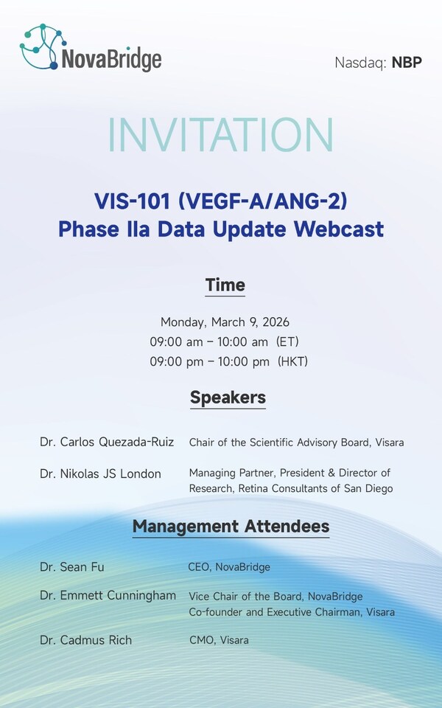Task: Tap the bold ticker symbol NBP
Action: pos(407,62)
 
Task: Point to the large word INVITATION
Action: pos(221,135)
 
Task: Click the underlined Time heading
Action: pos(225,285)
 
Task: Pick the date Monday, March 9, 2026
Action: pos(225,322)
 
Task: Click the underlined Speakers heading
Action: pos(228,398)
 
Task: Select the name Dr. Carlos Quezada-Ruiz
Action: pos(107,442)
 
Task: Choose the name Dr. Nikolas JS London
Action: pos(100,473)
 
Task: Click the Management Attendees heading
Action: pos(231,527)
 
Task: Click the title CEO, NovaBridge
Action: pos(229,567)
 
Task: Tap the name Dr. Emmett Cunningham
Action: pos(108,595)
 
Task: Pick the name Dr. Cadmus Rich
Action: pos(85,640)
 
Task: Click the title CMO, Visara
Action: pos(219,640)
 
